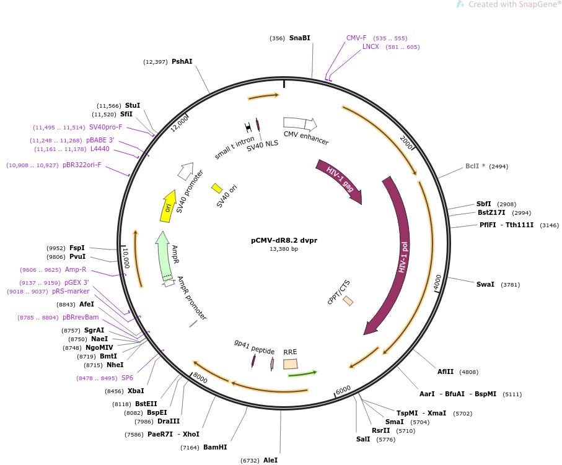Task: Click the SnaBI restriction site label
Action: click(x=299, y=38)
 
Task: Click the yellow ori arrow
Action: click(x=167, y=205)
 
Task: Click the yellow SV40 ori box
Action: click(x=217, y=188)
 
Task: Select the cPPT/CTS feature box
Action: click(x=348, y=300)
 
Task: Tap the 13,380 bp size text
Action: click(x=284, y=249)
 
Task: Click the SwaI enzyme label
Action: click(x=485, y=285)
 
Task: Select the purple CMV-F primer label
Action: click(x=356, y=38)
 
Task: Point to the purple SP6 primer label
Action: click(x=127, y=378)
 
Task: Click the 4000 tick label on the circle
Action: click(x=437, y=283)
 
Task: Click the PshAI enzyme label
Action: click(x=182, y=61)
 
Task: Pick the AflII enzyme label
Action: click(x=446, y=372)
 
